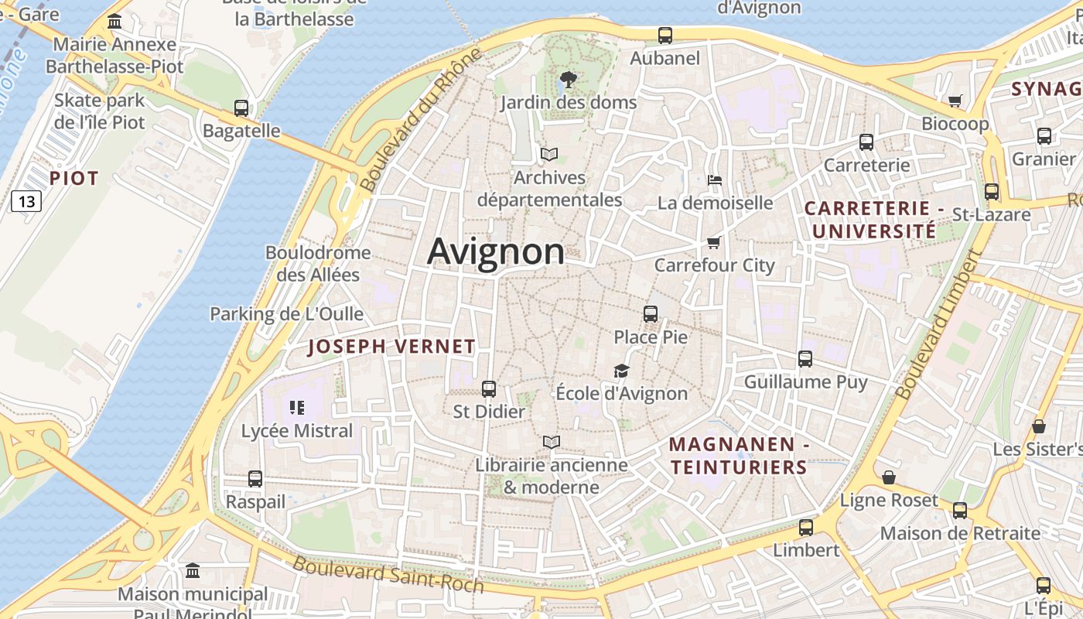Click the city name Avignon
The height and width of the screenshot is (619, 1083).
pyautogui.click(x=496, y=252)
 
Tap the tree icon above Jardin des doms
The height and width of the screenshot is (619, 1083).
pyautogui.click(x=568, y=79)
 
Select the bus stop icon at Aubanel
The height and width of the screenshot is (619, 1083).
pyautogui.click(x=664, y=36)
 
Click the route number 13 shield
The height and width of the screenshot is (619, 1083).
pyautogui.click(x=26, y=202)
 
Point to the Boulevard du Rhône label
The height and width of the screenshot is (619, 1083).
pyautogui.click(x=421, y=120)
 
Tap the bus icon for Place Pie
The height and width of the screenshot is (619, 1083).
pyautogui.click(x=650, y=314)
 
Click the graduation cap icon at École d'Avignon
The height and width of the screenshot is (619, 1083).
pyautogui.click(x=621, y=371)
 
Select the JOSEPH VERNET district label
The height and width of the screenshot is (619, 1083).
pyautogui.click(x=391, y=347)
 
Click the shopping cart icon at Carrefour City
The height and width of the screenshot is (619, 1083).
pyautogui.click(x=713, y=243)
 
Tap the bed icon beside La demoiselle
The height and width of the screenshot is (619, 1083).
pyautogui.click(x=715, y=180)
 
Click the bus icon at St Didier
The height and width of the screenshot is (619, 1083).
pyautogui.click(x=489, y=389)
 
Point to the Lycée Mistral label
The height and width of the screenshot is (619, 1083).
pyautogui.click(x=297, y=431)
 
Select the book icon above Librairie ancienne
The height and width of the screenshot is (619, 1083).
pyautogui.click(x=551, y=443)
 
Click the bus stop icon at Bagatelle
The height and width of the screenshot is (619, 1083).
pyautogui.click(x=241, y=108)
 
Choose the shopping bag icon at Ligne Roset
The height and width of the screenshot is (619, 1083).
pyautogui.click(x=889, y=477)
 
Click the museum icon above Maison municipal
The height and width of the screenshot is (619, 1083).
pyautogui.click(x=193, y=571)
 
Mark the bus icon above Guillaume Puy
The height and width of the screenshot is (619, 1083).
pyautogui.click(x=805, y=359)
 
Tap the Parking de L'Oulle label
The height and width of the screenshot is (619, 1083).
pyautogui.click(x=287, y=314)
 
